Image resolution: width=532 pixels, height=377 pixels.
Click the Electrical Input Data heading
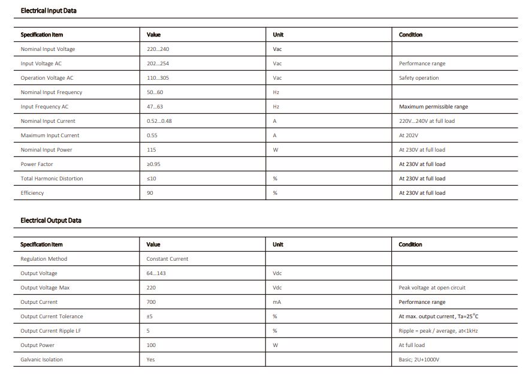pyautogui.click(x=49, y=11)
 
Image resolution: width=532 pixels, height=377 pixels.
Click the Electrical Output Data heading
pyautogui.click(x=51, y=221)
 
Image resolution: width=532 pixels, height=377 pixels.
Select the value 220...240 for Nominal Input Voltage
pyautogui.click(x=158, y=49)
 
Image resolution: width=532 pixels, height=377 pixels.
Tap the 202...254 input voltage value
pyautogui.click(x=158, y=64)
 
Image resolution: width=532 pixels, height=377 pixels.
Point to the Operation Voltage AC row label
pyautogui.click(x=47, y=78)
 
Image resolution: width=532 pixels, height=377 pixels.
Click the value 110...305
pyautogui.click(x=158, y=78)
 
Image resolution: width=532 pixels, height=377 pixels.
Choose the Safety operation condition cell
pyautogui.click(x=419, y=78)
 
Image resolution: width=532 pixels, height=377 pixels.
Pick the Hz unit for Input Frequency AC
pyautogui.click(x=276, y=107)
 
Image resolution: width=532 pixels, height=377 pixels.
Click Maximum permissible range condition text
pyautogui.click(x=434, y=107)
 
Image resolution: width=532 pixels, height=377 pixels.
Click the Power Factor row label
pyautogui.click(x=37, y=164)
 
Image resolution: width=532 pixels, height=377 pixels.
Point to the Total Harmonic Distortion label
pyautogui.click(x=52, y=179)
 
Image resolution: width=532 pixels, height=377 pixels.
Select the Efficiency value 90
pyautogui.click(x=150, y=193)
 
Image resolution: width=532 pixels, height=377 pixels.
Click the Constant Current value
pyautogui.click(x=167, y=259)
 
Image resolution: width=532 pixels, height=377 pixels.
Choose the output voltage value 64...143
pyautogui.click(x=156, y=273)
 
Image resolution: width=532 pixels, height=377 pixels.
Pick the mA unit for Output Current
pyautogui.click(x=277, y=302)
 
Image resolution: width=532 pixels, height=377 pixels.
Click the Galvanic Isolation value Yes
pyautogui.click(x=150, y=360)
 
